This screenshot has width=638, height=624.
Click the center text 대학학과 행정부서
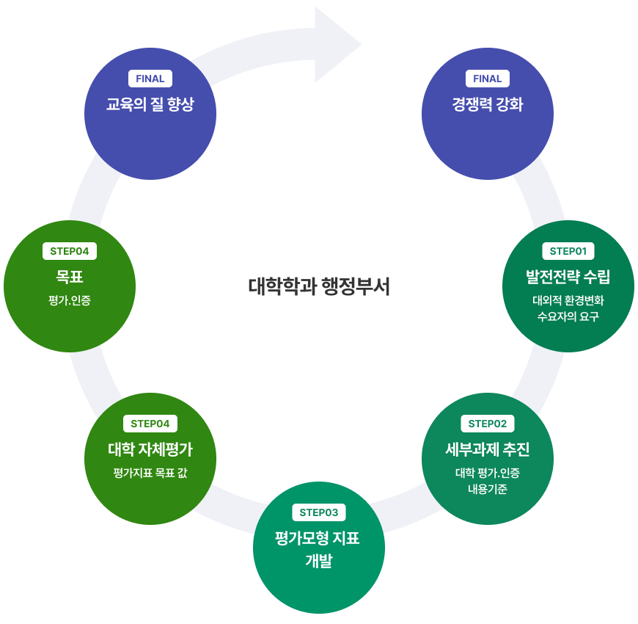pos(319,286)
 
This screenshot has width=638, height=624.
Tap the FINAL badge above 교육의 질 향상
pos(150,79)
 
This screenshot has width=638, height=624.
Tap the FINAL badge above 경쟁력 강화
pos(487,79)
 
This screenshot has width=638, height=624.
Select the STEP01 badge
pos(568,251)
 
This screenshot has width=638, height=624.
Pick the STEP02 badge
pos(487,424)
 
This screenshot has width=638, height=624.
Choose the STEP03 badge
pos(318,512)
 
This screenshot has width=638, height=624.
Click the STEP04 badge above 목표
pos(69,251)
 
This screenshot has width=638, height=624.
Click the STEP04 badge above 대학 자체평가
pos(150,424)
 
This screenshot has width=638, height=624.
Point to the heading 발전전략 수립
pos(568,277)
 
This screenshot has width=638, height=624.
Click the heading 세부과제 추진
pos(487,449)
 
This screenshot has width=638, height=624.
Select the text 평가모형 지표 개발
pos(318,549)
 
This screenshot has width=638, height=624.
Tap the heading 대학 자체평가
pos(150,449)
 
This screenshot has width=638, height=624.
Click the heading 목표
pos(69,277)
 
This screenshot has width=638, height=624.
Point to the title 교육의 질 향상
pos(150,104)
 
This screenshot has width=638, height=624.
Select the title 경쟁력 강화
pos(487,104)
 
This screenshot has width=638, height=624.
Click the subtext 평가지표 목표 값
pos(150,473)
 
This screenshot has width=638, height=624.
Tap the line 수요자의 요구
pos(568,317)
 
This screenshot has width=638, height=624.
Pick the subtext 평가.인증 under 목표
pos(69,300)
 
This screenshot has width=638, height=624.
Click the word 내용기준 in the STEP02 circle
pos(487,489)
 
